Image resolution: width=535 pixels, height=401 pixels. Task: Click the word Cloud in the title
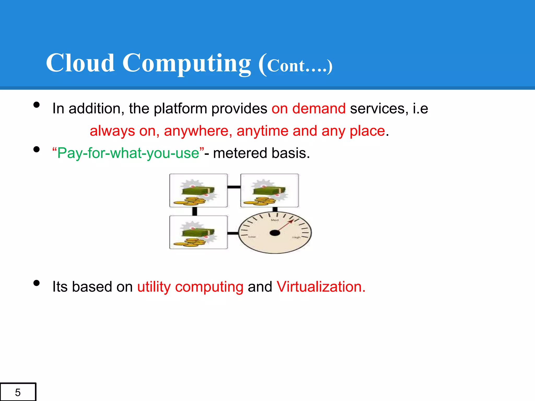(80, 63)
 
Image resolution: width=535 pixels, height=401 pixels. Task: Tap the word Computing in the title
(187, 63)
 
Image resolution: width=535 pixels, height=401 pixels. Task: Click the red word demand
(319, 108)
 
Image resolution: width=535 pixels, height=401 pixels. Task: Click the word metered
(240, 153)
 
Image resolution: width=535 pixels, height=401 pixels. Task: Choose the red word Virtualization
(321, 287)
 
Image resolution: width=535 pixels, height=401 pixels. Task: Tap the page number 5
(18, 392)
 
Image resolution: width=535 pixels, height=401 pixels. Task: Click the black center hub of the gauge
(275, 233)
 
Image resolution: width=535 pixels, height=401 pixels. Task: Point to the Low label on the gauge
(252, 237)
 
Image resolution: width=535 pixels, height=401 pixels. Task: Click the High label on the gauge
(296, 237)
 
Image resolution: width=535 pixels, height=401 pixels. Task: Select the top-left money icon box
(199, 191)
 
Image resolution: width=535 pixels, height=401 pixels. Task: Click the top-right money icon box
(269, 191)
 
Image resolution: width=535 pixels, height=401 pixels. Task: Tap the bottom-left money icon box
(199, 232)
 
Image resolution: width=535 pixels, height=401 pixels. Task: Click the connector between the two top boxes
(234, 187)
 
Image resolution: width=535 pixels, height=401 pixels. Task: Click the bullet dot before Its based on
(37, 283)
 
